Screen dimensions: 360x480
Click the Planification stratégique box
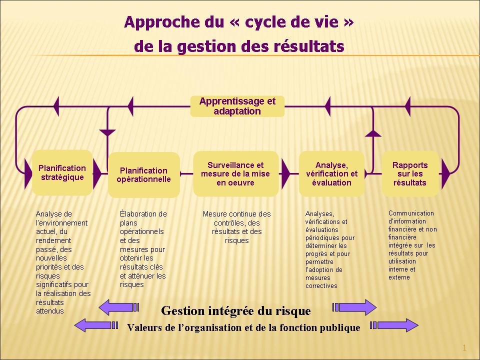click(62, 172)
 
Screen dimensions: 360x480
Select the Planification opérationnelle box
click(143, 175)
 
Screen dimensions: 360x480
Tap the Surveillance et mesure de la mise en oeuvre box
click(235, 173)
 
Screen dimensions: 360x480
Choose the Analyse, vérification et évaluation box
click(331, 173)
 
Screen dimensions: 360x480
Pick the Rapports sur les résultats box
click(410, 173)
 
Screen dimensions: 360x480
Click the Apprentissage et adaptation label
click(237, 106)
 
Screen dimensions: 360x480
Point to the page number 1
click(464, 348)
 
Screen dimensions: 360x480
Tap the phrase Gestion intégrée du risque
click(236, 311)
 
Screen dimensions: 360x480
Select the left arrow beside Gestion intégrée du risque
click(119, 307)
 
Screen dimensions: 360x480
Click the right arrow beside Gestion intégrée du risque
click(354, 307)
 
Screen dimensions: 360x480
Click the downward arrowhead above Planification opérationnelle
click(107, 132)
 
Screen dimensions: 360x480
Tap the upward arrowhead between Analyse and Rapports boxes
click(373, 133)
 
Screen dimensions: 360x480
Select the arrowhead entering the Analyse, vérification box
click(285, 173)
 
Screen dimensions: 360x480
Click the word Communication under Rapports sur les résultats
click(411, 213)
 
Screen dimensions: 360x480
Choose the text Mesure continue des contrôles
click(236, 218)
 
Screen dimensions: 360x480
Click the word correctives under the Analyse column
click(321, 286)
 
